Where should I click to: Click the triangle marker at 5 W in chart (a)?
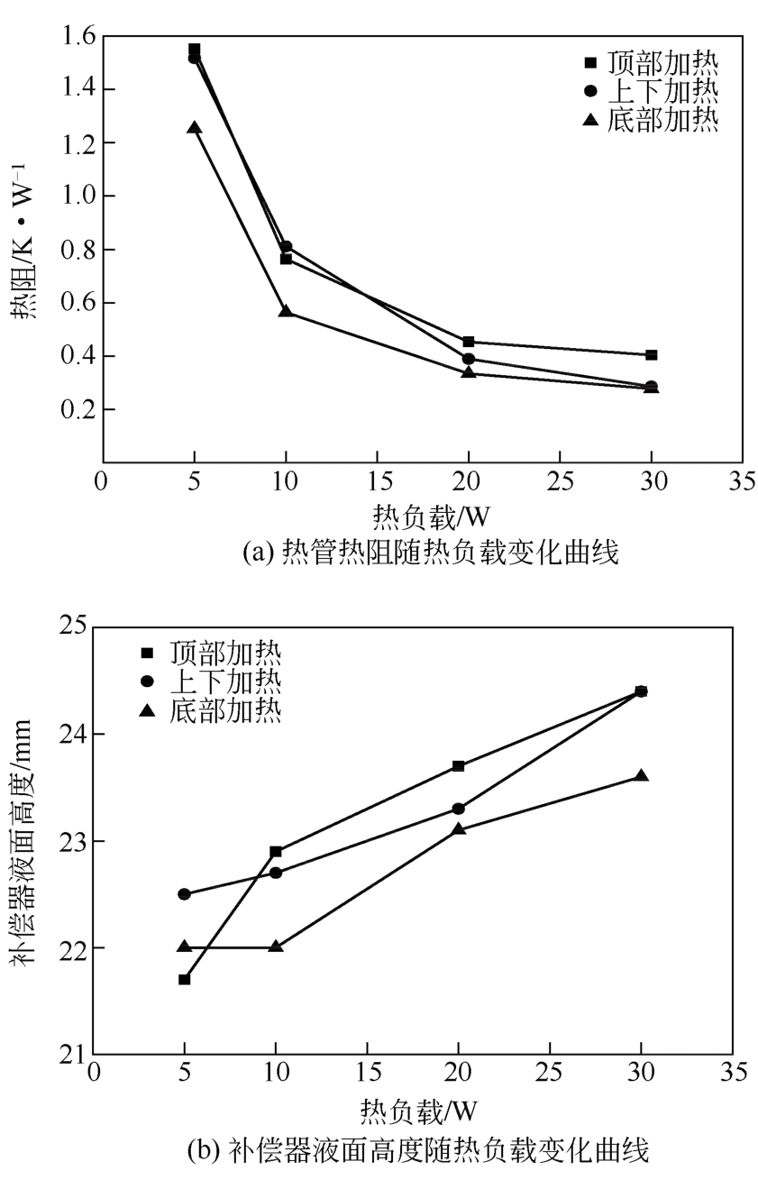[x=195, y=128]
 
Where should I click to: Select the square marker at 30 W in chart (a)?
[x=652, y=355]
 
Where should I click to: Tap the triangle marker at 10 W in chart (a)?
[x=286, y=311]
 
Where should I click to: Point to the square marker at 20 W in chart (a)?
[x=469, y=342]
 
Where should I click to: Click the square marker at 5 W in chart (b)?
[x=185, y=979]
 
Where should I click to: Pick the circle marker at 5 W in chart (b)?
[x=185, y=894]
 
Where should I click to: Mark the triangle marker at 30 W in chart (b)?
[x=642, y=776]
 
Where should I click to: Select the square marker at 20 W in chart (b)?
[x=459, y=766]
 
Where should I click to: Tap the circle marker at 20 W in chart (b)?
[x=459, y=809]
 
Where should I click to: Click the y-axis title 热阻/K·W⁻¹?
[x=25, y=248]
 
